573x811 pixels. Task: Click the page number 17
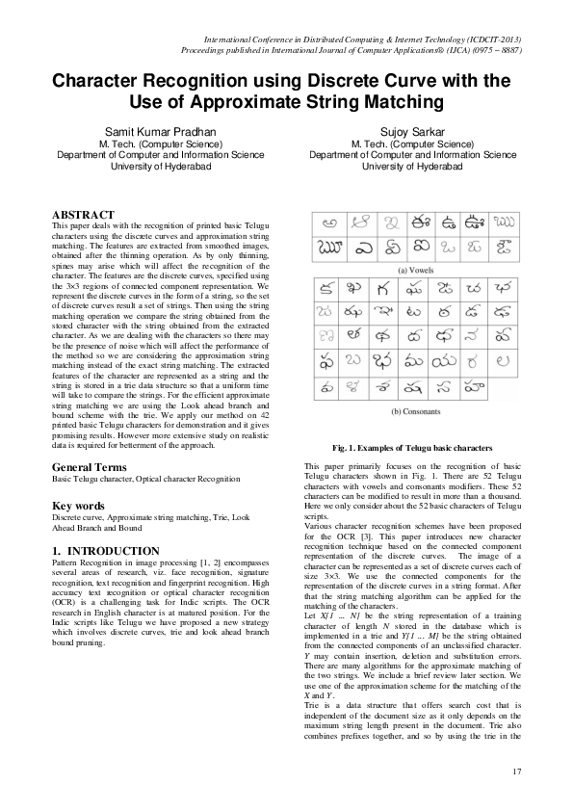pos(517,772)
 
